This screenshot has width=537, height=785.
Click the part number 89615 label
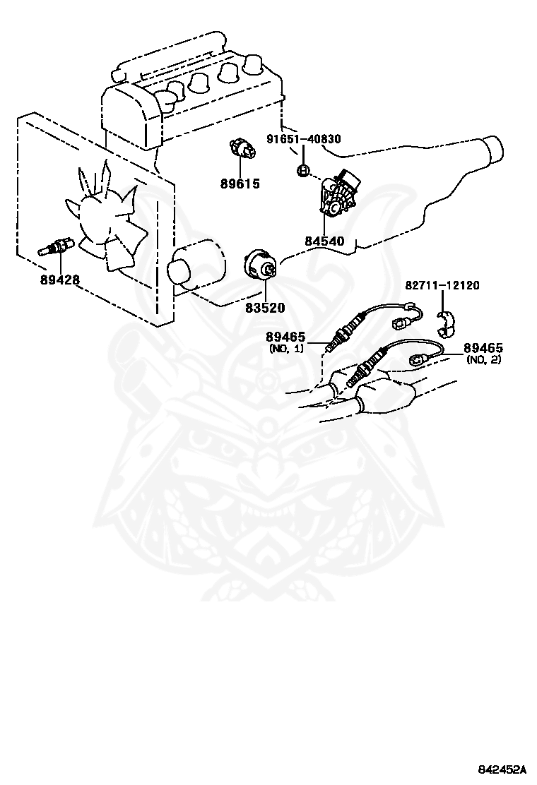(240, 184)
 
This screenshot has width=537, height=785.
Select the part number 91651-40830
(304, 138)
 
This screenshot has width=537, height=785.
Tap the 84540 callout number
(324, 241)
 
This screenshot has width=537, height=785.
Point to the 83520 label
(264, 308)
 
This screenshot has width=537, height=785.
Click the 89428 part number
(60, 280)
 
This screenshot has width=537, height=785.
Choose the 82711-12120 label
(442, 285)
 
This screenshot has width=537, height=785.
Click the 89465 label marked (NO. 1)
(285, 338)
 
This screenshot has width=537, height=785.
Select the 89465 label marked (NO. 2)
(483, 348)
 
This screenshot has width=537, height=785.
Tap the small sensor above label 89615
(242, 149)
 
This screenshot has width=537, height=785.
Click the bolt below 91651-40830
(302, 171)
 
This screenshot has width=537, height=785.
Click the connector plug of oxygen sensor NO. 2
(415, 359)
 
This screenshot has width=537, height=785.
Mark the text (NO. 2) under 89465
(483, 359)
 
